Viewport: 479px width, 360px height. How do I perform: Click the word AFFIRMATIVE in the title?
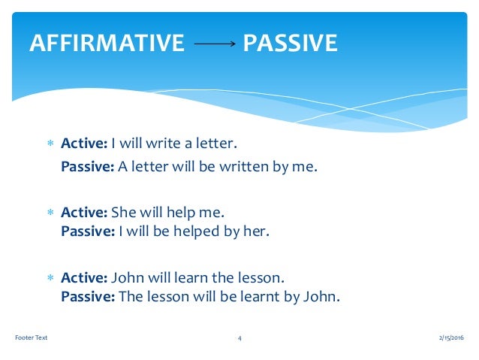[106, 43]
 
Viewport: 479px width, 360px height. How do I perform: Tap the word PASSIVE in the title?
[290, 43]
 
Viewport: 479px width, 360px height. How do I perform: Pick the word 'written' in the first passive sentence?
[242, 167]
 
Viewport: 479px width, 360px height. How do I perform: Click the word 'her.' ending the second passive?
[255, 231]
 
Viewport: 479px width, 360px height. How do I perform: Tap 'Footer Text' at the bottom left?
[31, 337]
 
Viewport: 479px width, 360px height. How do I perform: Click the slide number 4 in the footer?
[239, 338]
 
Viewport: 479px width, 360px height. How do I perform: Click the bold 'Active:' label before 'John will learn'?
[84, 277]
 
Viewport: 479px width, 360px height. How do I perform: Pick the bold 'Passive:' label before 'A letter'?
[88, 167]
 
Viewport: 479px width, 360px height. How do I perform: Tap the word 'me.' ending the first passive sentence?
[306, 167]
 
